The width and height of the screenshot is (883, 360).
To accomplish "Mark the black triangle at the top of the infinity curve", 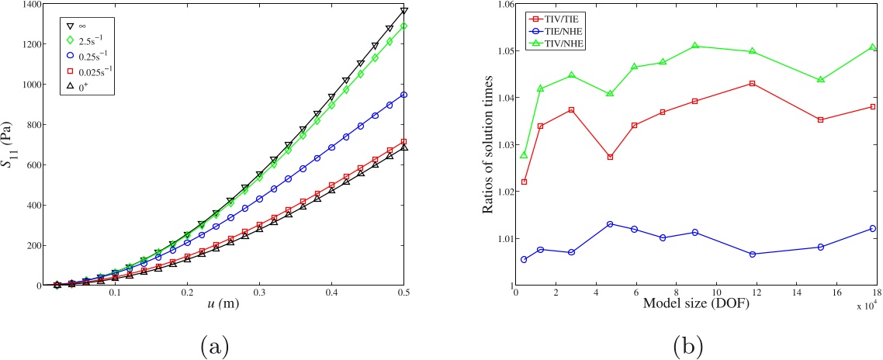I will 403,11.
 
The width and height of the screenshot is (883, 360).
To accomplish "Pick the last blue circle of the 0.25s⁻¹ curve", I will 403,95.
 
